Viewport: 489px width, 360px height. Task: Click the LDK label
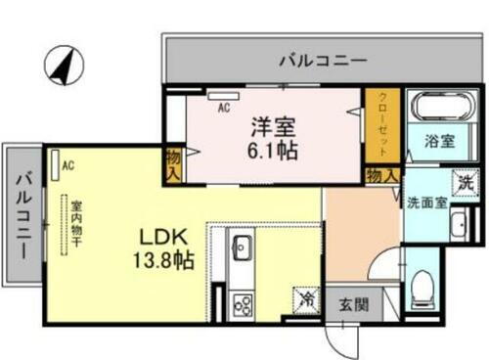point(159,238)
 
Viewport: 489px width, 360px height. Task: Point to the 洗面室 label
point(426,203)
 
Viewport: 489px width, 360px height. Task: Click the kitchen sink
point(242,249)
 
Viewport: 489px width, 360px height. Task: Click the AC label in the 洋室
point(224,109)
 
